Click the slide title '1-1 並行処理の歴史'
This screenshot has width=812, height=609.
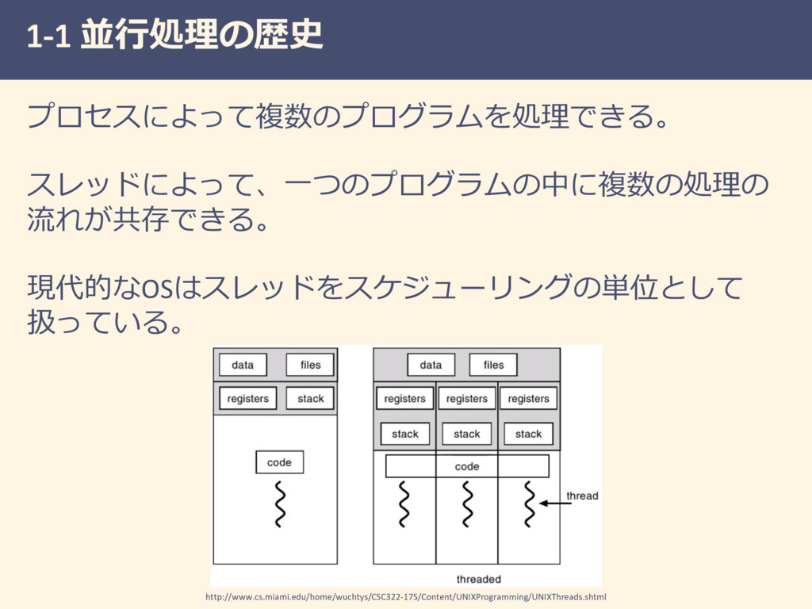(174, 36)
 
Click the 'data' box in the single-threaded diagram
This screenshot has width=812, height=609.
(243, 365)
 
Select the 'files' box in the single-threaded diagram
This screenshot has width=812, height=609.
(310, 365)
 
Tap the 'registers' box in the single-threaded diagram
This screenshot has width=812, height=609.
(247, 398)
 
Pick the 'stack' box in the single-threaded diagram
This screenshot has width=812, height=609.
(310, 398)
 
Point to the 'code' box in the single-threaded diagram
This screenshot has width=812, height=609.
(279, 462)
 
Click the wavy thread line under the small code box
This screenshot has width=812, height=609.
(279, 504)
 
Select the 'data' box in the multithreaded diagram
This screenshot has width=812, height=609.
(431, 365)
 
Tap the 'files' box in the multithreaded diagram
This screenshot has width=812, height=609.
(493, 365)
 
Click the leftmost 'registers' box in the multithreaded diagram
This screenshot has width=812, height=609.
(404, 399)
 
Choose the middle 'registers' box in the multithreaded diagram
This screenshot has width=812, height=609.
(466, 399)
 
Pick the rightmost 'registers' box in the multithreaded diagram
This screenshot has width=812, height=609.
(528, 399)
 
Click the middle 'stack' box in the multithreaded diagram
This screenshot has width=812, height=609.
(466, 434)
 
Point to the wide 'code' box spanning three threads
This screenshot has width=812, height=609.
(466, 466)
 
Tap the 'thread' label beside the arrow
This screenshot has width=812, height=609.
(582, 496)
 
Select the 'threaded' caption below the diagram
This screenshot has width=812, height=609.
(478, 579)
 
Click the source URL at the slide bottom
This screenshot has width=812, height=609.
(405, 596)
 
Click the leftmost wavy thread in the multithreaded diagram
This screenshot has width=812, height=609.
(404, 504)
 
